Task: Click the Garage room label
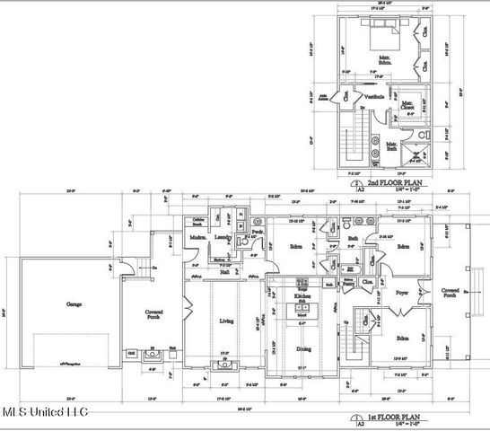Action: point(73,304)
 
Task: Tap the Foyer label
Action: point(400,292)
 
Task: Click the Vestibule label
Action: point(374,97)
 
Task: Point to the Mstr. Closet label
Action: point(408,106)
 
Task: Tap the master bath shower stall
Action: point(414,153)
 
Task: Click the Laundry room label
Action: point(223,238)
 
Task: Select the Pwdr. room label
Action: point(257,232)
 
